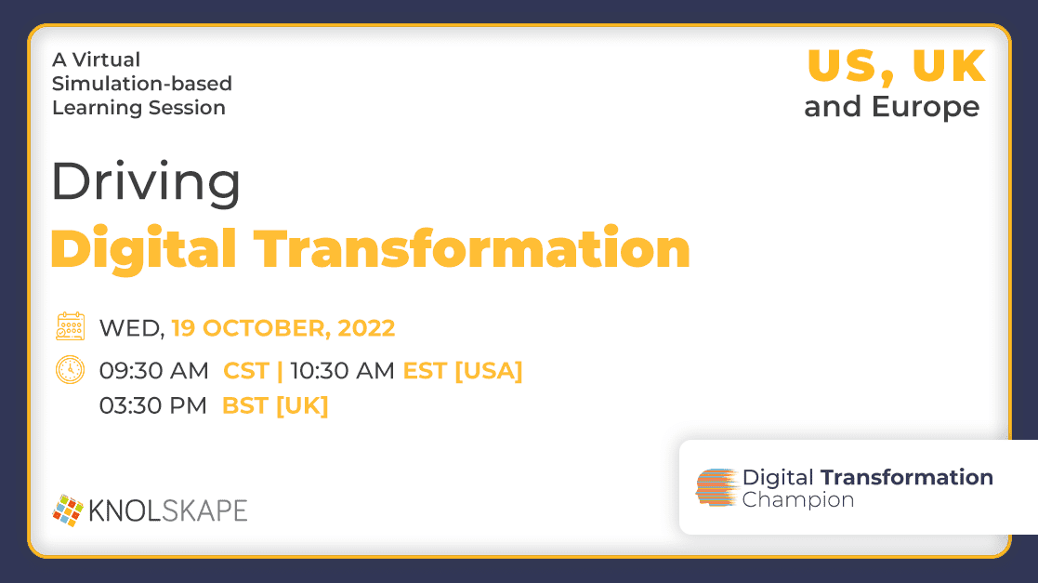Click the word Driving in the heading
pyautogui.click(x=146, y=182)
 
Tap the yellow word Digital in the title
pyautogui.click(x=144, y=250)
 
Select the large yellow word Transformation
pyautogui.click(x=472, y=248)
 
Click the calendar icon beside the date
pyautogui.click(x=71, y=326)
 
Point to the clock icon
pyautogui.click(x=71, y=370)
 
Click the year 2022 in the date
pyautogui.click(x=366, y=328)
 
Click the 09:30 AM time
pyautogui.click(x=153, y=370)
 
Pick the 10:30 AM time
pyautogui.click(x=342, y=370)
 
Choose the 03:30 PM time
pyautogui.click(x=153, y=405)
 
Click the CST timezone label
pyautogui.click(x=246, y=370)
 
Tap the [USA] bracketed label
pyautogui.click(x=489, y=370)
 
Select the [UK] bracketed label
pyautogui.click(x=302, y=405)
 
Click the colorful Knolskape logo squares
pyautogui.click(x=68, y=510)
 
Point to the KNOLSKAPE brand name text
pyautogui.click(x=168, y=510)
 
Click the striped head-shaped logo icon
pyautogui.click(x=716, y=487)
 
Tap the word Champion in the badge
pyautogui.click(x=797, y=500)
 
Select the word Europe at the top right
pyautogui.click(x=926, y=107)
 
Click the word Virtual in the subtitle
pyautogui.click(x=106, y=60)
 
